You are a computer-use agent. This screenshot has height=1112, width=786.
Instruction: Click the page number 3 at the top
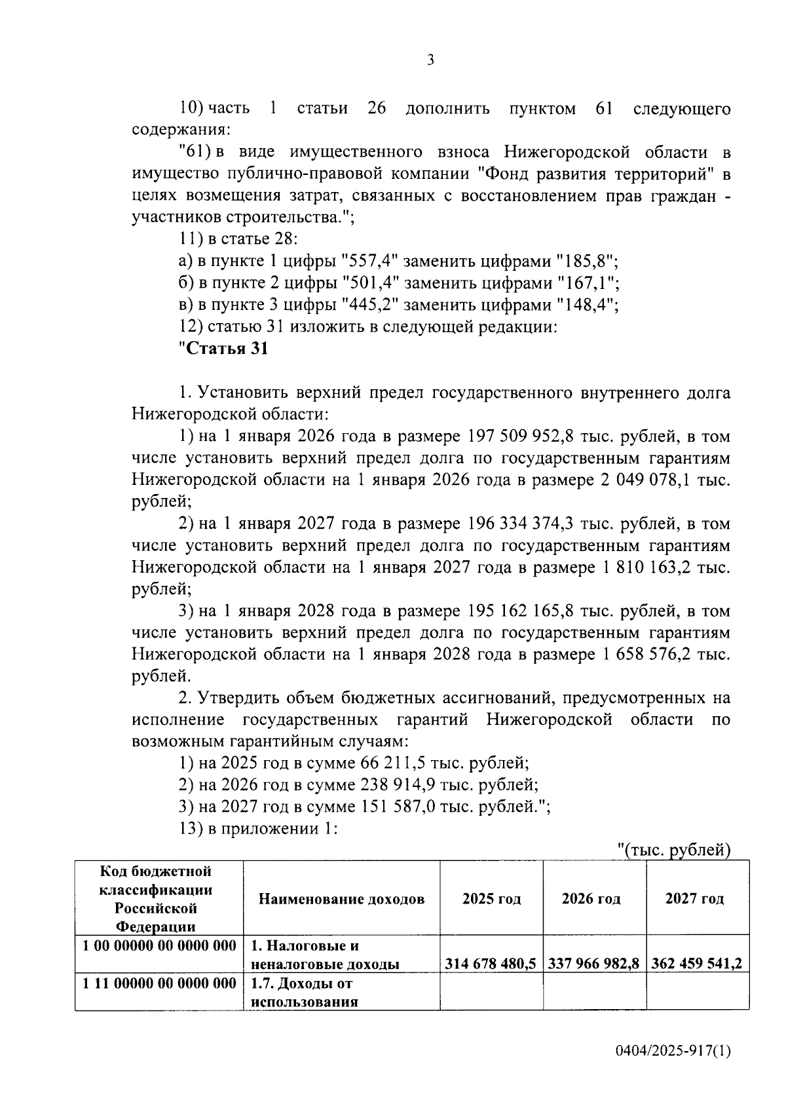click(x=430, y=60)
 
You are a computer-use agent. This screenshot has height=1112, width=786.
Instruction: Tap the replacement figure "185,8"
click(x=586, y=261)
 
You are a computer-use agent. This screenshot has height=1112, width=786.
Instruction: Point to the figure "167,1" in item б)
click(x=588, y=283)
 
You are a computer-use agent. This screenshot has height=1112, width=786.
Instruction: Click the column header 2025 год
click(x=491, y=898)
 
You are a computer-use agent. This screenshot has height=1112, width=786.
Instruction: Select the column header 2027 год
click(x=694, y=898)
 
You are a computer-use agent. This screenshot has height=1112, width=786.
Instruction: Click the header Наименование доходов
click(x=341, y=898)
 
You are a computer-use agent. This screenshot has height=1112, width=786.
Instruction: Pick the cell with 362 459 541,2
click(x=696, y=963)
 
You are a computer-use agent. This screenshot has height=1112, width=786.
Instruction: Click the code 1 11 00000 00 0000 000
click(x=160, y=984)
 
